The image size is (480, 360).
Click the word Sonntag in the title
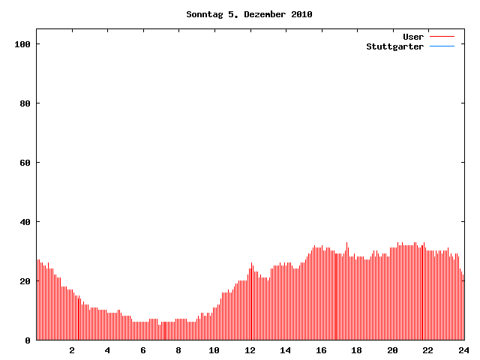pos(205,14)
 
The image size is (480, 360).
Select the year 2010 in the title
pos(301,14)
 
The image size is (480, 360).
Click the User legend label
pos(413,37)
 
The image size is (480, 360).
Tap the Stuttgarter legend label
pos(395,46)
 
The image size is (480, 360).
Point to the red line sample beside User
pos(442,37)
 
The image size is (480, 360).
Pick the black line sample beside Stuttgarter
pos(442,46)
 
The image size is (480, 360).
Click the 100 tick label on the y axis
pos(22,44)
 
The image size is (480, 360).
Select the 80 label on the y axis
pos(25,103)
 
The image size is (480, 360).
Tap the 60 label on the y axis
pos(25,163)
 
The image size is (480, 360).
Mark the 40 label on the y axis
pos(25,222)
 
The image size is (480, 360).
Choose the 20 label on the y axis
pos(25,281)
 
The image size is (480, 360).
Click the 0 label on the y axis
pos(28,340)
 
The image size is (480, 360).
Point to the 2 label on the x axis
pos(72,350)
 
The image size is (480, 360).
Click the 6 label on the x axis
pos(143,350)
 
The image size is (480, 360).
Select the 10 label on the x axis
pos(214,350)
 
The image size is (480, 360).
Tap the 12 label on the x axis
pos(250,350)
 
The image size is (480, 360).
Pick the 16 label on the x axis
pos(321,350)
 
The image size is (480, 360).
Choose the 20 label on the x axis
pos(392,350)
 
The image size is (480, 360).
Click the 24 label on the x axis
pos(463,350)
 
